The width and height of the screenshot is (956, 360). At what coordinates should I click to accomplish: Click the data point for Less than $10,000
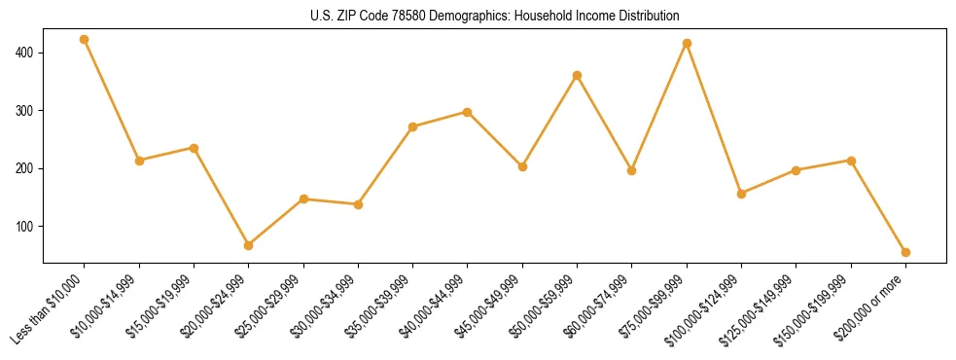[x=85, y=40]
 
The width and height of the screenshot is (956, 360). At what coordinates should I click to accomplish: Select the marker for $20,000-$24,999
[x=249, y=245]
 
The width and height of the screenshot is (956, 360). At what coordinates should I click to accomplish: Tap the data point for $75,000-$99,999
[x=687, y=44]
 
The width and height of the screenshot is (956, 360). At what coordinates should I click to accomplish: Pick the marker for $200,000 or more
[x=905, y=252]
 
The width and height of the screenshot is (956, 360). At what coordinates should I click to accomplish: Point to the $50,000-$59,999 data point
[x=578, y=75]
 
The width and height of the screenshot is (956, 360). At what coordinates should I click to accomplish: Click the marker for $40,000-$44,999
[x=468, y=112]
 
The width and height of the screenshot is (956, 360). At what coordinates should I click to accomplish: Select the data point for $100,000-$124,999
[x=742, y=194]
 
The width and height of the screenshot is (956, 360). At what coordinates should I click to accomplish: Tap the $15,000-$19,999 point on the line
[x=194, y=148]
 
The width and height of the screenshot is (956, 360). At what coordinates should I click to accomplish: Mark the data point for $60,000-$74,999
[x=632, y=170]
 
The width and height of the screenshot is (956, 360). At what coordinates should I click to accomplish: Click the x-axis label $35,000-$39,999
[x=381, y=307]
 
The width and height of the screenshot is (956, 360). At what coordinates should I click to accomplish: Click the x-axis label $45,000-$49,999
[x=491, y=307]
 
